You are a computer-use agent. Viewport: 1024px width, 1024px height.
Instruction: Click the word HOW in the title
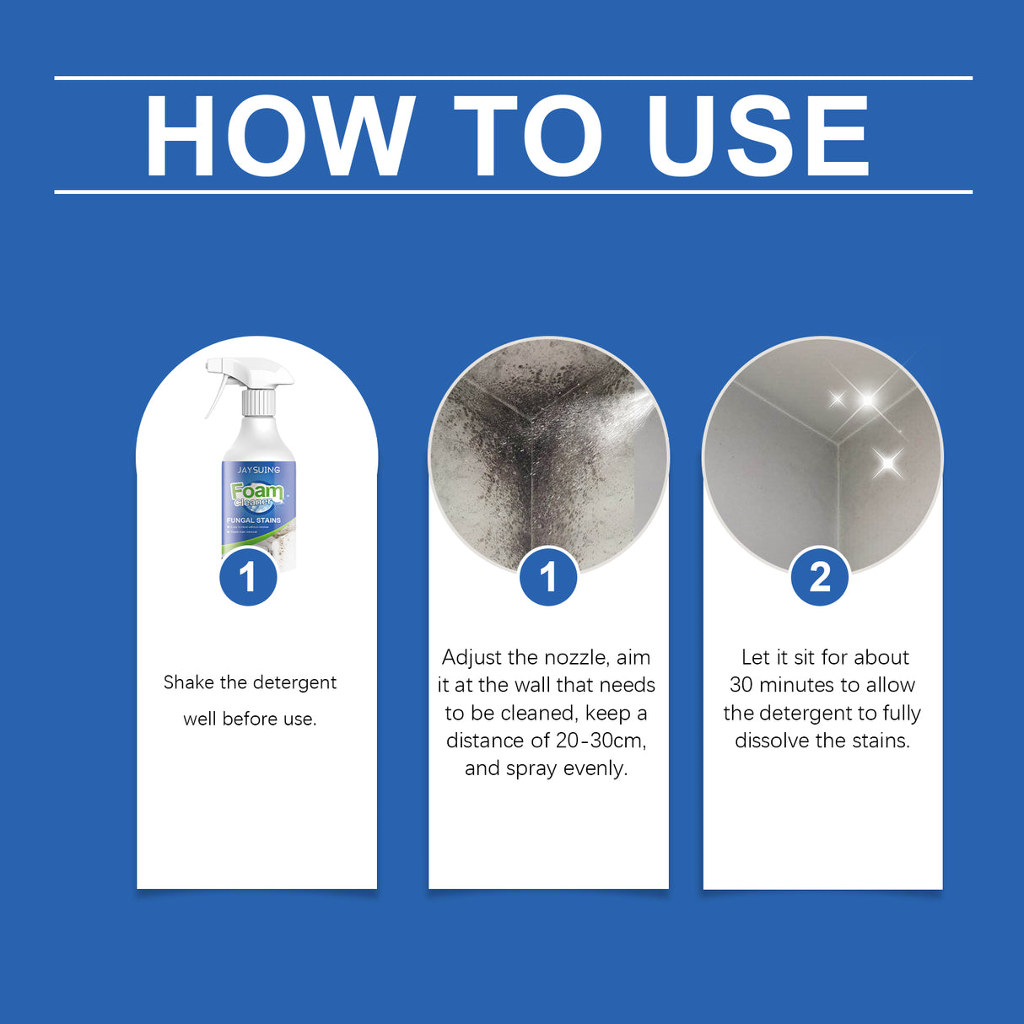pos(280,136)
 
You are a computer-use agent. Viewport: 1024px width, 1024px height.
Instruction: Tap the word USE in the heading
pos(757,136)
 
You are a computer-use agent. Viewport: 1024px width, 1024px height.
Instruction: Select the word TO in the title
pos(528,136)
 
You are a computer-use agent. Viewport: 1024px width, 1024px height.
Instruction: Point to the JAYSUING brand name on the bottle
pos(258,470)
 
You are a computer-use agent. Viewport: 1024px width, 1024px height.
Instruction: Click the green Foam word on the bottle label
pos(256,491)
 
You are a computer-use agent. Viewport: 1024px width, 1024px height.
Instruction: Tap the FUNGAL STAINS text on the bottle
pos(254,520)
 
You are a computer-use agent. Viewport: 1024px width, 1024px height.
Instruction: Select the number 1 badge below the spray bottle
pos(248,578)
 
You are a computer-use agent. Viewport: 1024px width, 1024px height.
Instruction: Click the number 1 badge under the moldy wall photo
pos(548,578)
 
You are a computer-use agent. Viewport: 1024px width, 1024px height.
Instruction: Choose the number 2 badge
pos(820,578)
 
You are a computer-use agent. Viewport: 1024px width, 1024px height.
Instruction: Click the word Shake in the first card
pos(189,682)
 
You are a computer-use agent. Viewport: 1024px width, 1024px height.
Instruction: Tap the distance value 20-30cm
pos(601,741)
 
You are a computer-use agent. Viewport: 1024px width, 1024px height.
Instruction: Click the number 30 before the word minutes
pos(741,685)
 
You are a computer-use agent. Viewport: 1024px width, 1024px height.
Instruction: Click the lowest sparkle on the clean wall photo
pos(887,462)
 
